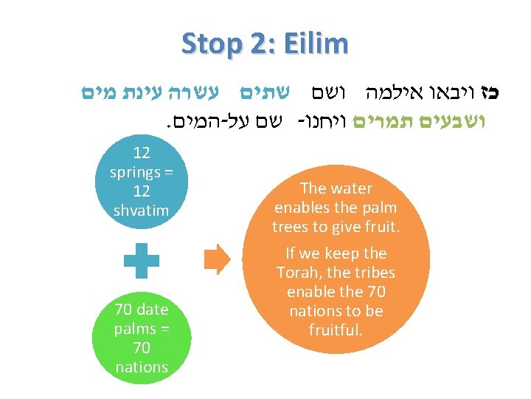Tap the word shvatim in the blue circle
click(x=142, y=211)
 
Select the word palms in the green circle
click(x=134, y=328)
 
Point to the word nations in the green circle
click(x=142, y=366)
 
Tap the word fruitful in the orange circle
click(x=336, y=330)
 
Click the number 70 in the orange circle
click(x=375, y=292)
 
